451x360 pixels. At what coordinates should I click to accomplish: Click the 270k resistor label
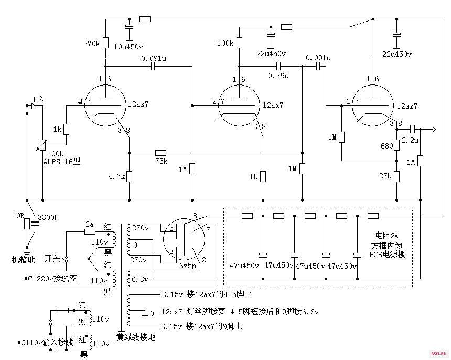coord(91,44)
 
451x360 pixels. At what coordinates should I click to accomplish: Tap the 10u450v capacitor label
coord(128,47)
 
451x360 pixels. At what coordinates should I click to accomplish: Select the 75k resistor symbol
coord(160,153)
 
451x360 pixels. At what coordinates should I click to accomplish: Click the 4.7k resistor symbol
coord(129,176)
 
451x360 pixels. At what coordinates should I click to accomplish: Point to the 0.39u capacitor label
coord(278,76)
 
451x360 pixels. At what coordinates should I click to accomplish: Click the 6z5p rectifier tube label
coord(188,266)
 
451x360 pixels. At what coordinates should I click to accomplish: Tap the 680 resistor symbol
coord(396,145)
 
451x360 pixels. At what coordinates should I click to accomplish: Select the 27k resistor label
coord(385,176)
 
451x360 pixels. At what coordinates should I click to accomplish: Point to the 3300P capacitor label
coord(48,217)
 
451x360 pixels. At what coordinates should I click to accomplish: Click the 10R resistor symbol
coord(27,224)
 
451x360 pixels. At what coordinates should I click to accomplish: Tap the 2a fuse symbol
coord(90,231)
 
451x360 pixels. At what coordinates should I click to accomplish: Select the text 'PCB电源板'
coord(387,255)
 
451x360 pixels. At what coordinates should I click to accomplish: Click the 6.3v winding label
coord(140,279)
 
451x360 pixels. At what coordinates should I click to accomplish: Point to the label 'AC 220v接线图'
coord(50,279)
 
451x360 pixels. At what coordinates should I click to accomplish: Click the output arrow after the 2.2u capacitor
coord(434,130)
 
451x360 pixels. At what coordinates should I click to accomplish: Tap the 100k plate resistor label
coord(225,43)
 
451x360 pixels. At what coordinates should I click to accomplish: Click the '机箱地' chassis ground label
coord(23,260)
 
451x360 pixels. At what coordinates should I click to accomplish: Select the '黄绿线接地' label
coord(136,337)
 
